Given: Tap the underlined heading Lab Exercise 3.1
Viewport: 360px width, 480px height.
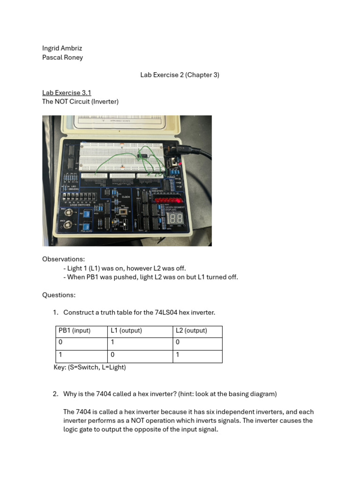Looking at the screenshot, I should pos(67,93).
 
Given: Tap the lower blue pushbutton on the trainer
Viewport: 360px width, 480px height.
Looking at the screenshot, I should pos(73,225).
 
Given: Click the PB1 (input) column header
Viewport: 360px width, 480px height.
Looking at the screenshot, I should pos(75,330).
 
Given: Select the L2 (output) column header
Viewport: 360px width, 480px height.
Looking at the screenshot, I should pos(191,330).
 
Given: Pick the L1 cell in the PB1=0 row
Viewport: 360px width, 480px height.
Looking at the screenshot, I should pos(113,343).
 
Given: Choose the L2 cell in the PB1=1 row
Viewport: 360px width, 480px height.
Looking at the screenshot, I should pos(178,355).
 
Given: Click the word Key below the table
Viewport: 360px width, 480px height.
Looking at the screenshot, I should pos(60,367).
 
